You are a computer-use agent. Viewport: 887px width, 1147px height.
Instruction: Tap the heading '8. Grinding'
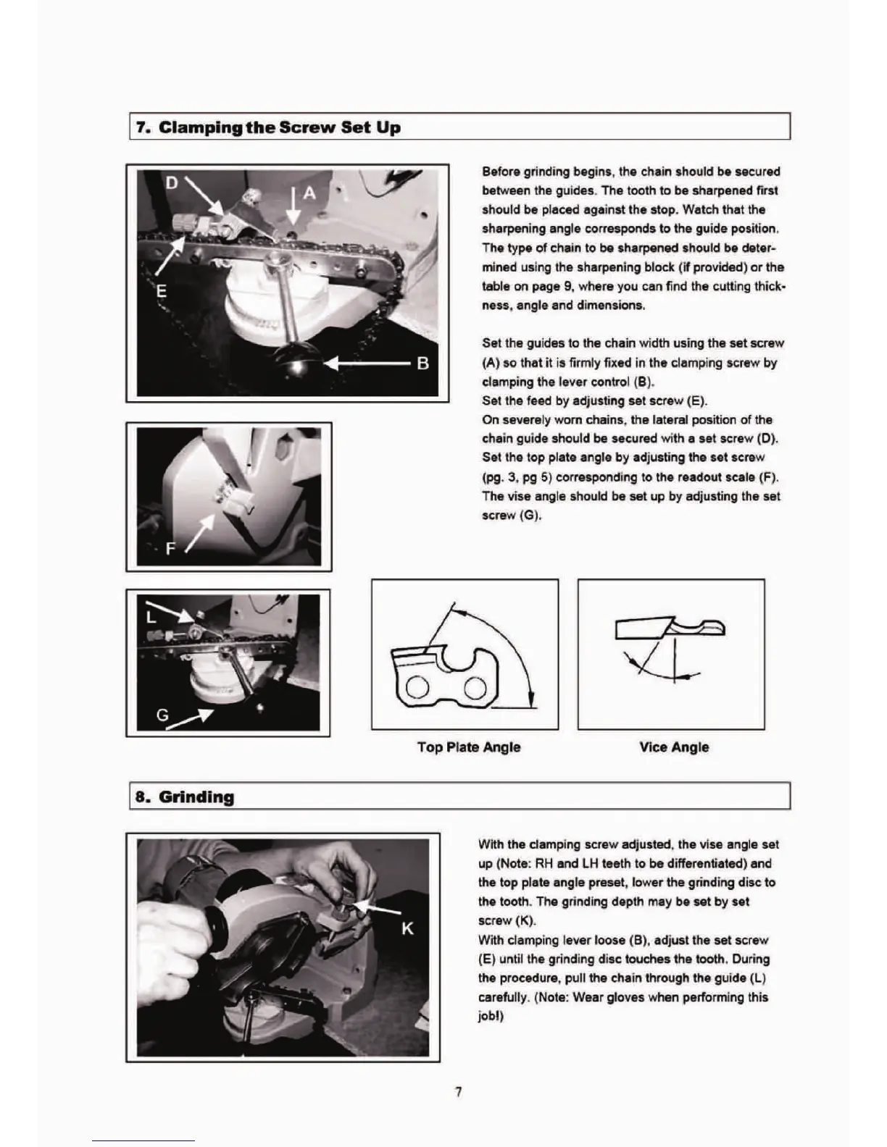(186, 797)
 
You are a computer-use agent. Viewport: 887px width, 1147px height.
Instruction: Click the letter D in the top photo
(172, 183)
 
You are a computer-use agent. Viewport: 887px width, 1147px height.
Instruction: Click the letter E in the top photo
(162, 291)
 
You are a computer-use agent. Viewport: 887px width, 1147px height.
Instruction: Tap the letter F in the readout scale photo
(171, 548)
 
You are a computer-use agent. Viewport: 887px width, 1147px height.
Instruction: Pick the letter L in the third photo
(151, 617)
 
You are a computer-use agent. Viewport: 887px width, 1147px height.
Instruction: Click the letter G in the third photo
(163, 715)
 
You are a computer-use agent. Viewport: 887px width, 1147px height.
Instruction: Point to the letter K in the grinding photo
(407, 928)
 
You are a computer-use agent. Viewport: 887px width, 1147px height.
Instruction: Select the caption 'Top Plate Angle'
(469, 747)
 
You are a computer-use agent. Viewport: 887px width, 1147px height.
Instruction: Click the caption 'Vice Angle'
(674, 747)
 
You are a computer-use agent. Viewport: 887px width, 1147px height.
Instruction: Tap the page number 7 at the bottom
(458, 1092)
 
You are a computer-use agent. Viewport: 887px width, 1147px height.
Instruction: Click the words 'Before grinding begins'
(548, 172)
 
